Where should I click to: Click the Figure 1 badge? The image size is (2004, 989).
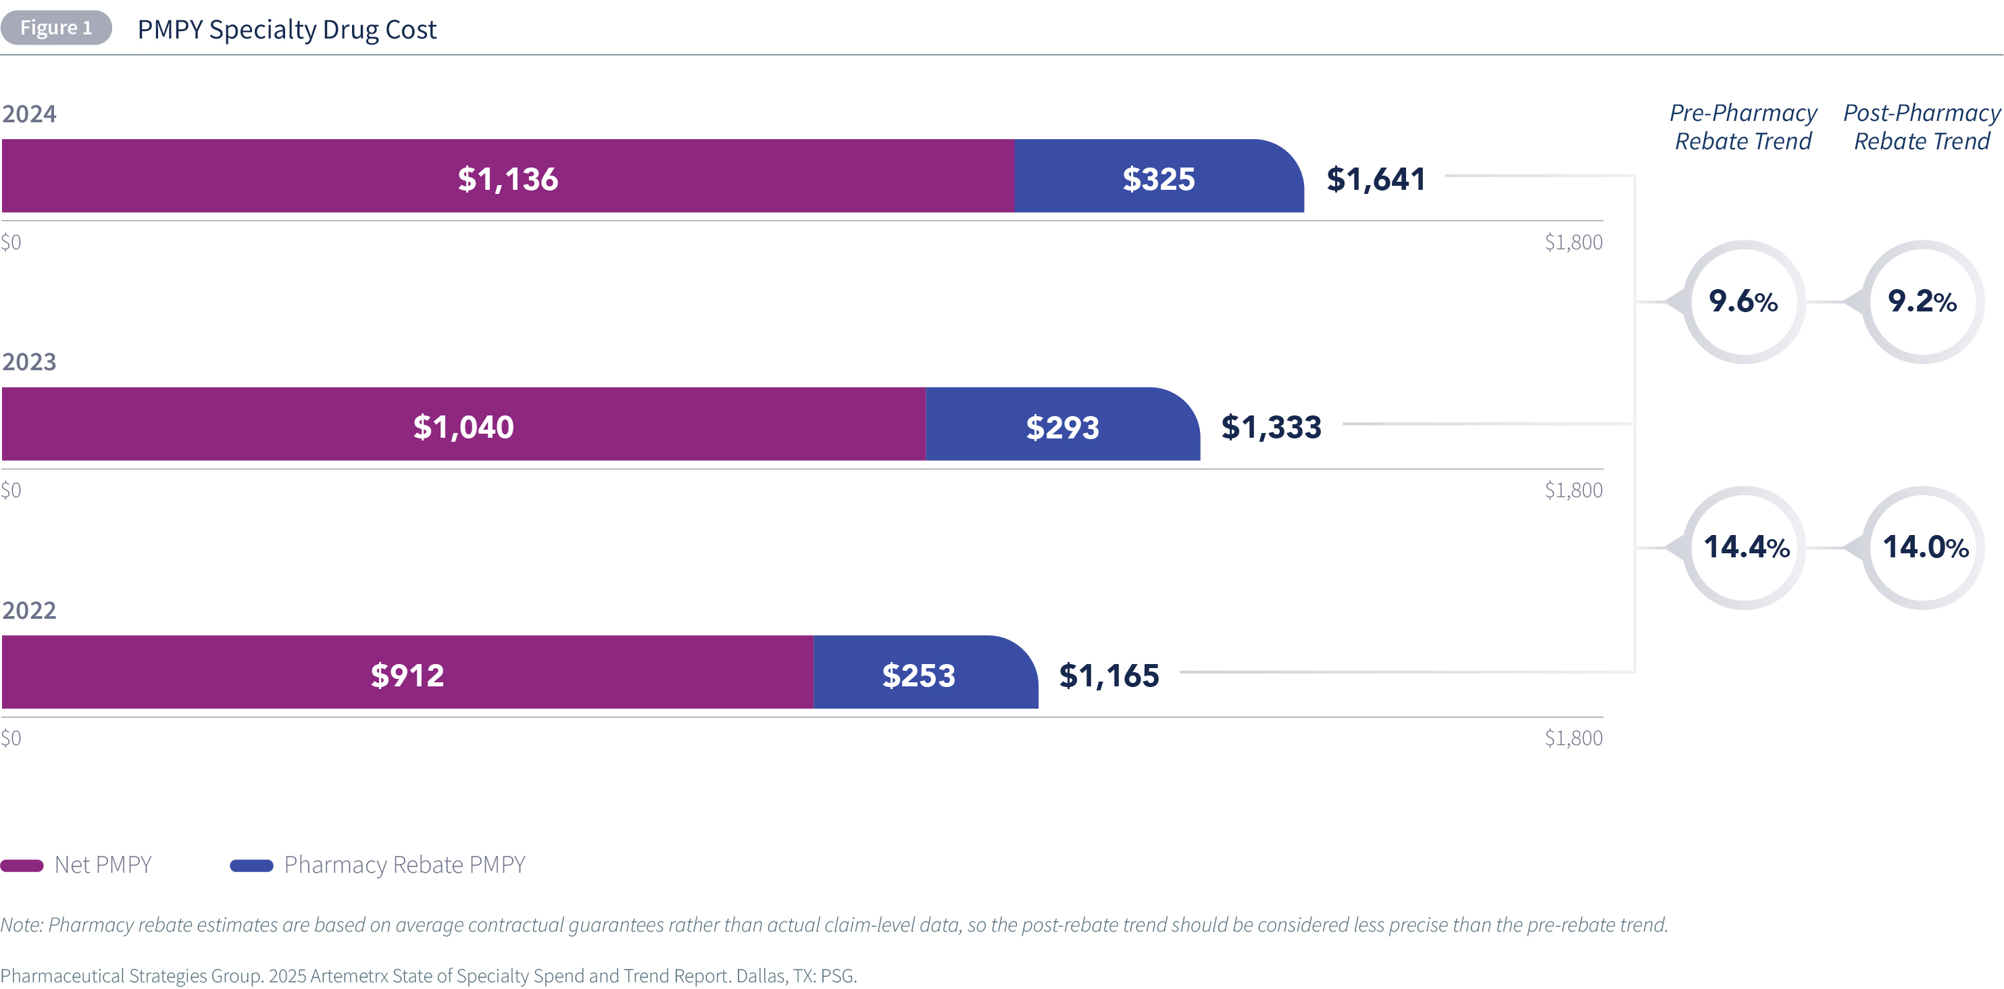[56, 28]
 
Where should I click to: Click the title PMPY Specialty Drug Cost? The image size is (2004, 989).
[286, 30]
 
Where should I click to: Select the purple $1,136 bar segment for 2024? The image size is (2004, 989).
[507, 176]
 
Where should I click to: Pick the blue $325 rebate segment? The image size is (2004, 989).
[1157, 176]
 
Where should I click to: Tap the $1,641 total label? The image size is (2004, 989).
[1376, 179]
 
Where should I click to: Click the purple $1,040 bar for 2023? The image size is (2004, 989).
[463, 425]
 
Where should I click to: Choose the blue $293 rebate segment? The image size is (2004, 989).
[1062, 425]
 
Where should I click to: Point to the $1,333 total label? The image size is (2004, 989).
[1270, 427]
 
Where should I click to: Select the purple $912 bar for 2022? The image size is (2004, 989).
[407, 673]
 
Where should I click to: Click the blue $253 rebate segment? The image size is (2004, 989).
[918, 673]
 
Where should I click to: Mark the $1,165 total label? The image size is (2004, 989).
[1109, 676]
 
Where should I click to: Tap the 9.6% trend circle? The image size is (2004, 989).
[1743, 301]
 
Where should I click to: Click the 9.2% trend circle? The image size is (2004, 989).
[1922, 301]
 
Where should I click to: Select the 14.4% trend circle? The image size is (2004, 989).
[1745, 547]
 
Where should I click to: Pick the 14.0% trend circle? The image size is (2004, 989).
[1924, 547]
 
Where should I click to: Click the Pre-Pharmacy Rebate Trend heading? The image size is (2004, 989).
[1743, 127]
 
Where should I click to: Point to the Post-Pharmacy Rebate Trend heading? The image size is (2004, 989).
[1922, 127]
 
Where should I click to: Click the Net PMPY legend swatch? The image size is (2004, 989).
[22, 865]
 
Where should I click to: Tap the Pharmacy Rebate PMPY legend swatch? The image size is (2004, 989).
[251, 865]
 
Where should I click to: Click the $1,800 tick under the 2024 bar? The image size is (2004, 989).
[1573, 242]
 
